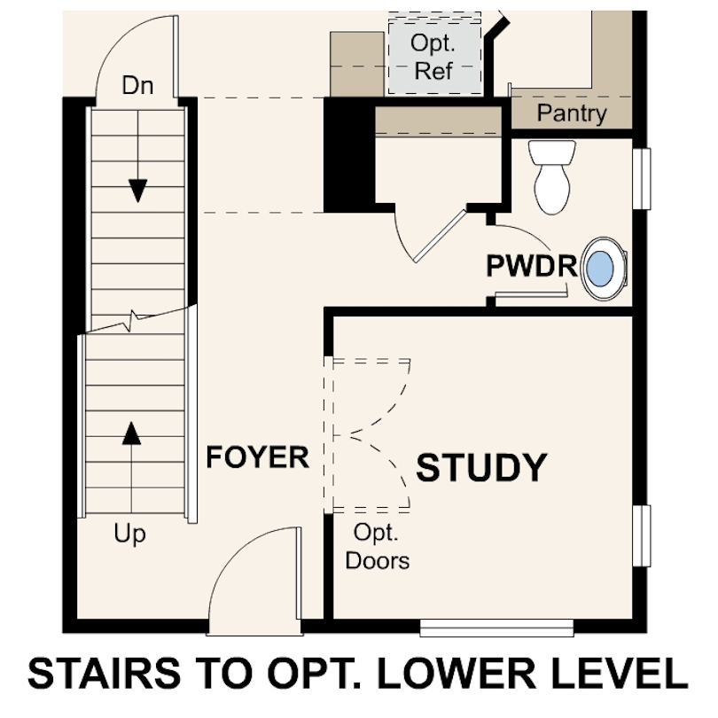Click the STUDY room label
(481, 467)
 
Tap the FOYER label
(258, 457)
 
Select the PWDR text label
(531, 266)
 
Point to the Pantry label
(572, 113)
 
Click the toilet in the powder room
(552, 177)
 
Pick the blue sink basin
(600, 269)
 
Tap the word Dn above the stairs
(137, 86)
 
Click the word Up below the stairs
(129, 534)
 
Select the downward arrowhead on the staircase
(137, 191)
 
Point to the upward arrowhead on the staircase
(131, 433)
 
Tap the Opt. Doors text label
(378, 547)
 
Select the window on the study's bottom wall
(496, 628)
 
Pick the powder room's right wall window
(642, 178)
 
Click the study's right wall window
(642, 535)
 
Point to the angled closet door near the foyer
(440, 237)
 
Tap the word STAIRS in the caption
(105, 674)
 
